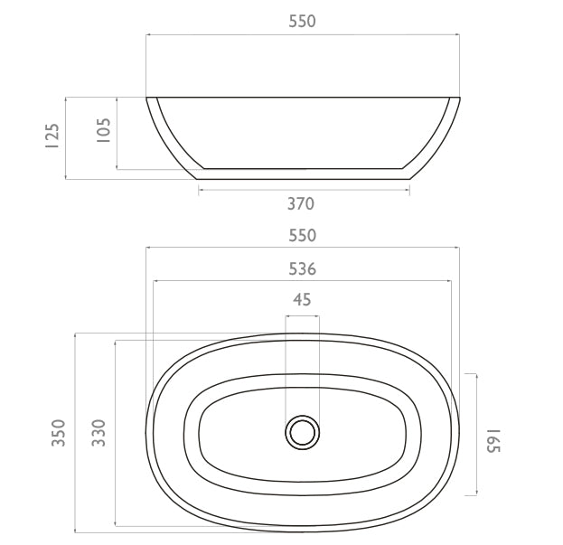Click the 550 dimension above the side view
click(303, 22)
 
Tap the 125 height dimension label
click(52, 136)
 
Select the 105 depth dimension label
click(104, 130)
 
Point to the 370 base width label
click(301, 204)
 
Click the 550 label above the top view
click(303, 236)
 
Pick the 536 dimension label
click(303, 269)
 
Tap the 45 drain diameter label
click(302, 299)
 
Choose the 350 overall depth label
click(59, 433)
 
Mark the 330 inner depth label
click(99, 433)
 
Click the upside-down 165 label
click(493, 441)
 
